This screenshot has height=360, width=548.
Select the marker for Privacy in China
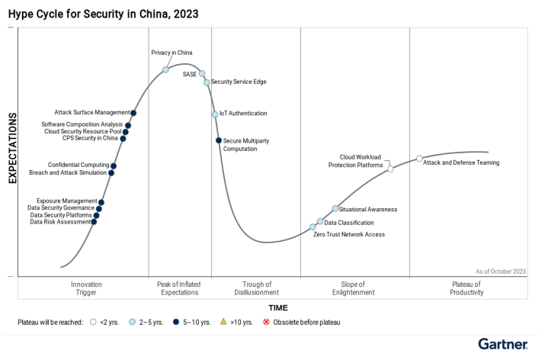(x=166, y=69)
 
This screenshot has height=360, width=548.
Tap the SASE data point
(x=202, y=74)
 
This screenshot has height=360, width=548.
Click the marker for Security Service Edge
(x=207, y=82)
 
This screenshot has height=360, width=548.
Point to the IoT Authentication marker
(x=215, y=114)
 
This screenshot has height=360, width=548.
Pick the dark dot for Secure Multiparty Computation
(x=219, y=140)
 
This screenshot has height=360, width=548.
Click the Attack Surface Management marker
(x=134, y=113)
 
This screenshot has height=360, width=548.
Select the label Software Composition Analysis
(x=82, y=124)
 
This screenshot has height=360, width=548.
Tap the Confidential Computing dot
(x=114, y=166)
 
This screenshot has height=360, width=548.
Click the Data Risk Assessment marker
(x=94, y=222)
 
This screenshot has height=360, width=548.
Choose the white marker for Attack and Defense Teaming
(x=419, y=159)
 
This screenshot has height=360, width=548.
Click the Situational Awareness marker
(x=335, y=209)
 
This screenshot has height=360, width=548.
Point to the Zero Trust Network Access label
(x=349, y=234)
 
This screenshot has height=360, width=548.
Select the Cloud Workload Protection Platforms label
(x=356, y=161)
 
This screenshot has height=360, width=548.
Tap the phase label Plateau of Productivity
(x=466, y=288)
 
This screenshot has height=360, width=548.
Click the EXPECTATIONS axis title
(x=13, y=148)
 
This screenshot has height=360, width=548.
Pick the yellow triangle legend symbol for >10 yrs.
(x=223, y=323)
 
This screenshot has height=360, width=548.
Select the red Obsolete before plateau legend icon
(x=266, y=323)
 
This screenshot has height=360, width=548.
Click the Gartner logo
(x=502, y=344)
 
